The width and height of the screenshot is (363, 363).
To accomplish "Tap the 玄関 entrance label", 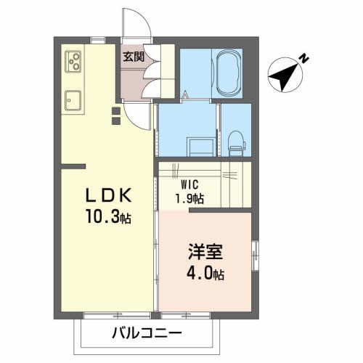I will (x=132, y=55).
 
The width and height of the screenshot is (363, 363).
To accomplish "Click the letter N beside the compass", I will (x=306, y=55).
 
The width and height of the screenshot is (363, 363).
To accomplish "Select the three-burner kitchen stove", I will (x=74, y=63).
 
